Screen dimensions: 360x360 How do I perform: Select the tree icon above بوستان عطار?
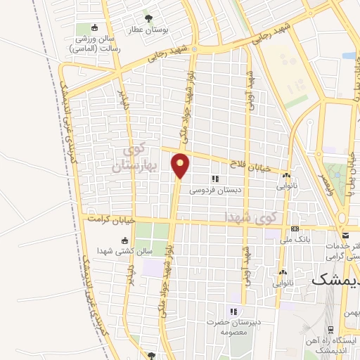pos(148,18)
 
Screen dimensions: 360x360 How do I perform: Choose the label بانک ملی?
pos(295,240)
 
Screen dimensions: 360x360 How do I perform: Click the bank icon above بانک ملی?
pos(295,229)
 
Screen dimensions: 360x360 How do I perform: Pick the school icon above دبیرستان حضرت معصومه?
pos(233,311)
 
